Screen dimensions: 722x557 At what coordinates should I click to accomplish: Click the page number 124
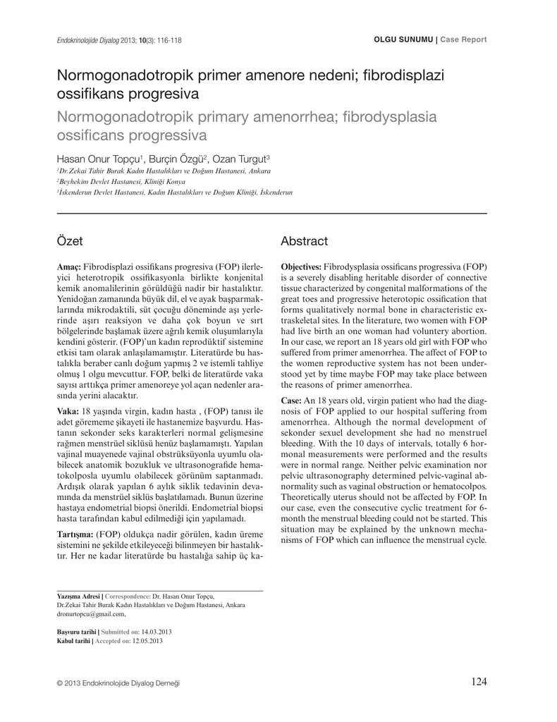[479, 681]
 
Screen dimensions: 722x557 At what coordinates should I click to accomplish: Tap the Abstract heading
[304, 241]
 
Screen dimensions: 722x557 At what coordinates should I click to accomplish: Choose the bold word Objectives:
[301, 268]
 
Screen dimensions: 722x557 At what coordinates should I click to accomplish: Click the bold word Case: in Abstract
[291, 400]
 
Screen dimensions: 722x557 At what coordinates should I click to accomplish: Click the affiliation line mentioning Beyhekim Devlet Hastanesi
[116, 181]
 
